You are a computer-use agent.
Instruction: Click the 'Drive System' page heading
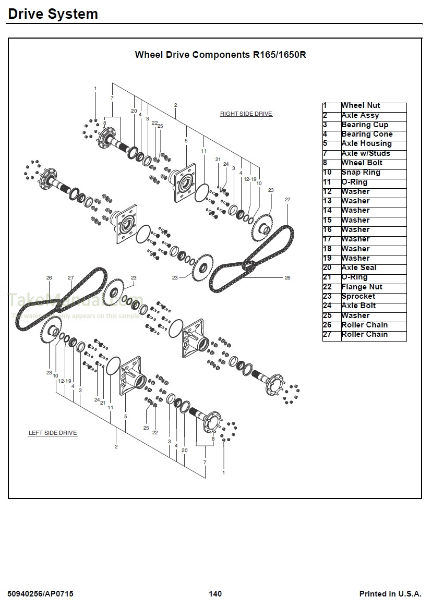[53, 14]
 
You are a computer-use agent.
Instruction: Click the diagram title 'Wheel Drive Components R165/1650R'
[220, 55]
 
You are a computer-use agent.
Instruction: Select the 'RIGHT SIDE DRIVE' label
[246, 114]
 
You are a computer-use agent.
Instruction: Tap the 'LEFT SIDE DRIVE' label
[53, 433]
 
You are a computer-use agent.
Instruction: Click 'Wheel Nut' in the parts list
[361, 106]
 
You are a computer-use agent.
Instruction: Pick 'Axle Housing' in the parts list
[366, 144]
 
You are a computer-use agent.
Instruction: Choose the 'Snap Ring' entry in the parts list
[361, 173]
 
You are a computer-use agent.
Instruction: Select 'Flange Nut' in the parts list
[362, 287]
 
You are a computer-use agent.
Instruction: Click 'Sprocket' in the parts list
[358, 297]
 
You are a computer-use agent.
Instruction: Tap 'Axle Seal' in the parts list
[358, 268]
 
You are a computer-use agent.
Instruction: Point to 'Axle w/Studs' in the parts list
[365, 154]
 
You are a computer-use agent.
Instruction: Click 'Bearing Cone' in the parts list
[367, 135]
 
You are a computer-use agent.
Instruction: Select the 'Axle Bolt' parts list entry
[358, 306]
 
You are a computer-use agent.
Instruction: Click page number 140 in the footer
[215, 594]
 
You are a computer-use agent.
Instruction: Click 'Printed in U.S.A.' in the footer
[390, 594]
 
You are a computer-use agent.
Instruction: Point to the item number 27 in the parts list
[327, 335]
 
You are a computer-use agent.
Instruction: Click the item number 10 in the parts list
[327, 173]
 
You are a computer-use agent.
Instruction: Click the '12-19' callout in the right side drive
[250, 179]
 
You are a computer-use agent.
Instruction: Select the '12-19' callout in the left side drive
[65, 381]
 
